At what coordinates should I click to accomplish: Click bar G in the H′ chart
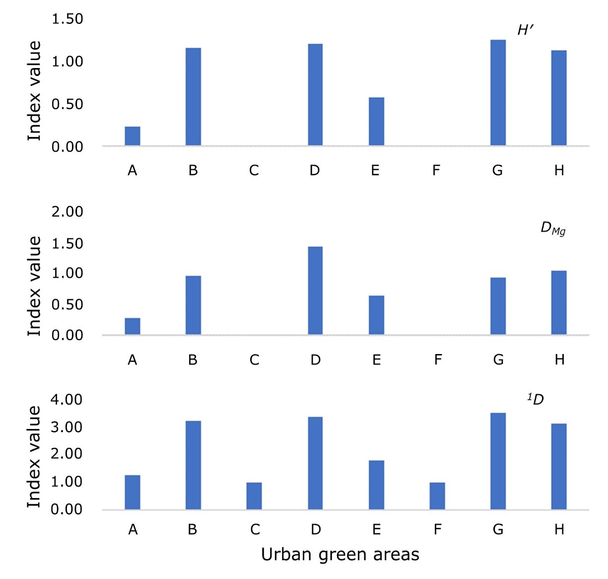tap(498, 93)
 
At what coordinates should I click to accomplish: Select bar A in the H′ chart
tap(132, 136)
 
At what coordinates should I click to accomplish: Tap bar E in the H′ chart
tap(376, 122)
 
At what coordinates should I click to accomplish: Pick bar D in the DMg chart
tap(315, 290)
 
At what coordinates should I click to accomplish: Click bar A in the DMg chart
tap(132, 326)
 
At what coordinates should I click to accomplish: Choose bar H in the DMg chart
tap(559, 302)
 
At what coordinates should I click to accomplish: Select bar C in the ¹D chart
tap(254, 496)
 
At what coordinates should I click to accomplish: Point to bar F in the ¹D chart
tap(437, 496)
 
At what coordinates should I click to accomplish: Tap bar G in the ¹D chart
tap(498, 461)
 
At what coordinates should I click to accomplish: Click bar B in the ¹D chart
tap(193, 465)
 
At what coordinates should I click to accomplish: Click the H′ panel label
tap(525, 31)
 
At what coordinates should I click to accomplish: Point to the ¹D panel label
tap(536, 399)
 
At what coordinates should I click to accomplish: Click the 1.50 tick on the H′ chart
tap(68, 19)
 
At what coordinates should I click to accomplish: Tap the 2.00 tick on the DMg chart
tap(68, 212)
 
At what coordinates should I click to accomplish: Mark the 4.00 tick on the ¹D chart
tap(67, 400)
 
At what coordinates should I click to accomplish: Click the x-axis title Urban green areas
tap(340, 555)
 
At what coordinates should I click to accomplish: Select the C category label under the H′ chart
tap(254, 171)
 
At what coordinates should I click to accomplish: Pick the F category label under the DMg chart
tap(438, 360)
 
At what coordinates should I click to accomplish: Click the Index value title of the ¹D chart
tap(34, 457)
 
